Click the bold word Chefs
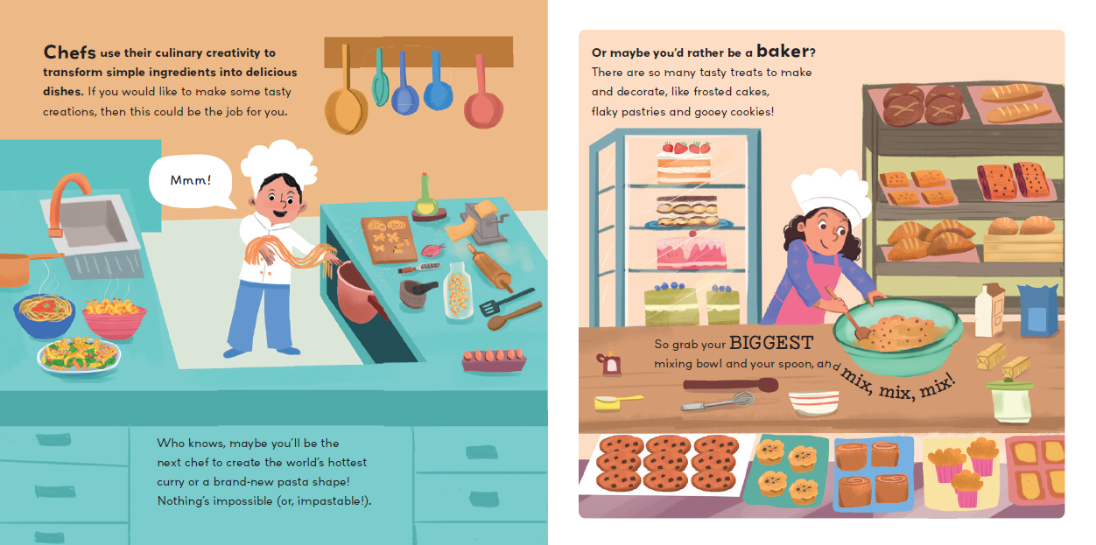tap(69, 52)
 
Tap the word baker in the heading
tap(783, 51)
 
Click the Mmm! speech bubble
tap(191, 181)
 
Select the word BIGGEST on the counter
tap(771, 343)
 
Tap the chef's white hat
tap(279, 161)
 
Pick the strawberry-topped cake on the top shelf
tap(684, 163)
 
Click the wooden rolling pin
tap(489, 268)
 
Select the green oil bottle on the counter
tap(425, 197)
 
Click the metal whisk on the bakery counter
tap(718, 402)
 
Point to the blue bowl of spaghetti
tap(44, 314)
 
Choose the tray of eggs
tap(494, 360)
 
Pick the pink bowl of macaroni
tap(114, 318)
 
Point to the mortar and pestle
tap(417, 293)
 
